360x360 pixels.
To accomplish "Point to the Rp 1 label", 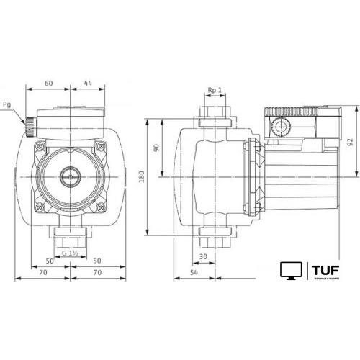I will point(214,90).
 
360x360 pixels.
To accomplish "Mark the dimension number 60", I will point(48,83).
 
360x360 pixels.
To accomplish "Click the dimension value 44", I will point(86,83).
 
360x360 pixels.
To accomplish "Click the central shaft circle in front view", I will point(71,174).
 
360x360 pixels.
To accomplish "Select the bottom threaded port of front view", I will point(70,235).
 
